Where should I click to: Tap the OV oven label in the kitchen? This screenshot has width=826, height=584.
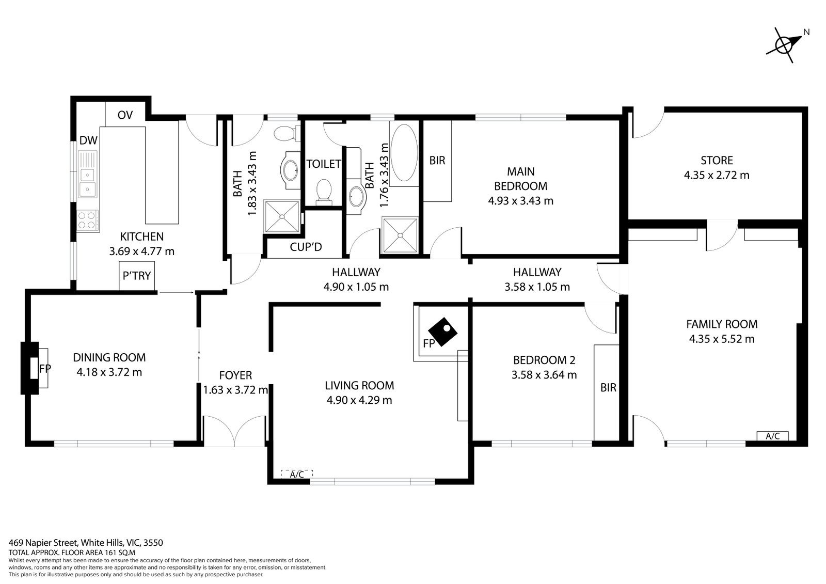[125, 115]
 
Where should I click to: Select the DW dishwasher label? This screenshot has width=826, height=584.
[88, 140]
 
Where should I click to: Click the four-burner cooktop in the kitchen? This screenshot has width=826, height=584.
[88, 220]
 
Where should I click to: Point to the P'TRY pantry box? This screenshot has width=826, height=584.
[137, 276]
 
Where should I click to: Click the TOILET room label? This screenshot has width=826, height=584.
[324, 164]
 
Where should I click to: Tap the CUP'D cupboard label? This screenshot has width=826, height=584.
[306, 247]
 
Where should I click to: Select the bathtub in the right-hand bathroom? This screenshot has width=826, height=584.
[404, 152]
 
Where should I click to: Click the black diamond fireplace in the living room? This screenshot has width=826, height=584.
[442, 332]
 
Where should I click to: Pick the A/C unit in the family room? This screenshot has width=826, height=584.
[772, 436]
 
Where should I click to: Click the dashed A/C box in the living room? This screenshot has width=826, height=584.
[297, 475]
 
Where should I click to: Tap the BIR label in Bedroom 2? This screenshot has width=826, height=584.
[608, 387]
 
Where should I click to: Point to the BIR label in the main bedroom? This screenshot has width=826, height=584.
[437, 161]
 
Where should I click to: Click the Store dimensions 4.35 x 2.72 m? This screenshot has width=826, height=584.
[717, 175]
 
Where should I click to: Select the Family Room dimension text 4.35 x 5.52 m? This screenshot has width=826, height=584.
[722, 339]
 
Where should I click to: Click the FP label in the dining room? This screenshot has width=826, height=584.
[44, 368]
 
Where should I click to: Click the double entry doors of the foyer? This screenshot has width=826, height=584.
[235, 430]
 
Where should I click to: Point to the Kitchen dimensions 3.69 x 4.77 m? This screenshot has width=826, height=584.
[141, 251]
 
